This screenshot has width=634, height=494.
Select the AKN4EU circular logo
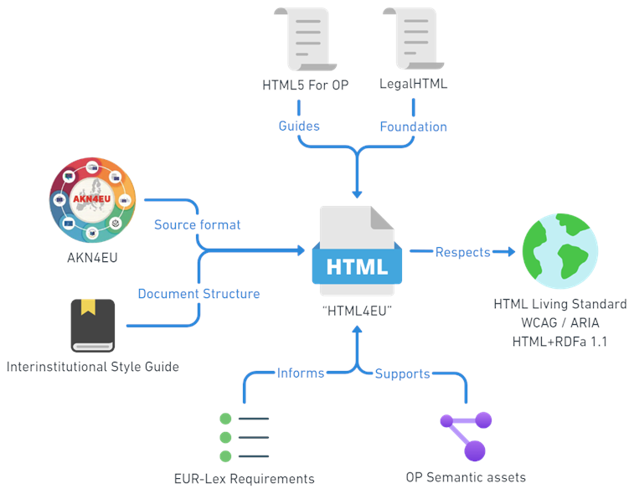[92, 199]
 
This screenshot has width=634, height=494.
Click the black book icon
[92, 325]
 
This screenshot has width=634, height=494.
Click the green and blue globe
[559, 250]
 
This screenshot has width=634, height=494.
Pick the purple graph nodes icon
[466, 435]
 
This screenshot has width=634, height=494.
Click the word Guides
[299, 126]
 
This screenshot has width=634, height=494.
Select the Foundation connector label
[413, 127]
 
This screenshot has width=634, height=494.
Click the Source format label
[197, 224]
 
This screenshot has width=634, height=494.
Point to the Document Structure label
[198, 294]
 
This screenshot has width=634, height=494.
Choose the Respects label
[462, 252]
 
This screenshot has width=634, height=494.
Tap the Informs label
[301, 373]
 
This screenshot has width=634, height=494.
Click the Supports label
[402, 373]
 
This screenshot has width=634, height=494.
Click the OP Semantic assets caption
[466, 477]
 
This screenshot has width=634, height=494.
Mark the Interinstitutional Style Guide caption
[92, 367]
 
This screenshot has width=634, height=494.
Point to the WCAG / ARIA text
[559, 322]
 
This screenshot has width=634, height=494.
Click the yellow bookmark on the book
[86, 307]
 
